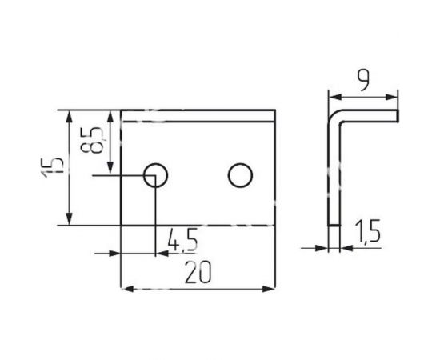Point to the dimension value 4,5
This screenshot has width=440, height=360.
tap(182, 238)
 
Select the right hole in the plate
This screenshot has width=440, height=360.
tap(239, 174)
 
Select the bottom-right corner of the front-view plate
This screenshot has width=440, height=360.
tap(274, 226)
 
